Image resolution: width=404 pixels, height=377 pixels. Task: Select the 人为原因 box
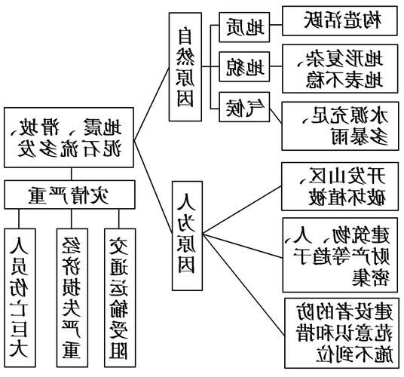(187, 234)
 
